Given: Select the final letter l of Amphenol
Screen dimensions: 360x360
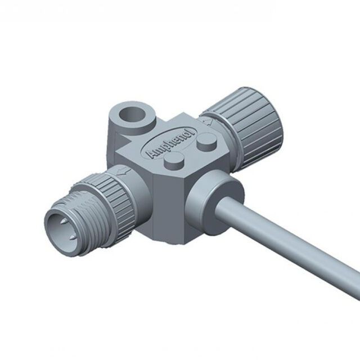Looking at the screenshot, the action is coord(193,131).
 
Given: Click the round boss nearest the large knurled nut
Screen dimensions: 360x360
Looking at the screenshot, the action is coord(207,142).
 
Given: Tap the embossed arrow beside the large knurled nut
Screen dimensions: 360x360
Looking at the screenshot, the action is coord(207,121).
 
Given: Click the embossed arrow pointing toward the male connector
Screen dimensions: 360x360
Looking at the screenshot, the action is coord(123,171).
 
